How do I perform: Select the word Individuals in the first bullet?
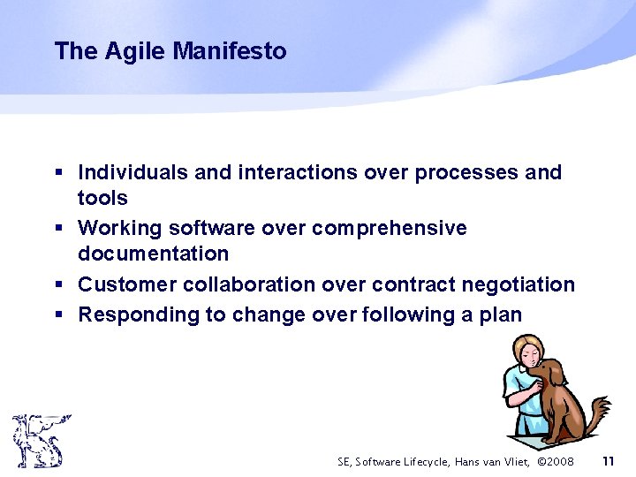coord(133,172)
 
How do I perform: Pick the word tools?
coord(102,198)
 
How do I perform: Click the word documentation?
coord(153,254)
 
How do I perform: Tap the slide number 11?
coord(608,461)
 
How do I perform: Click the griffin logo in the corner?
coord(39,441)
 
